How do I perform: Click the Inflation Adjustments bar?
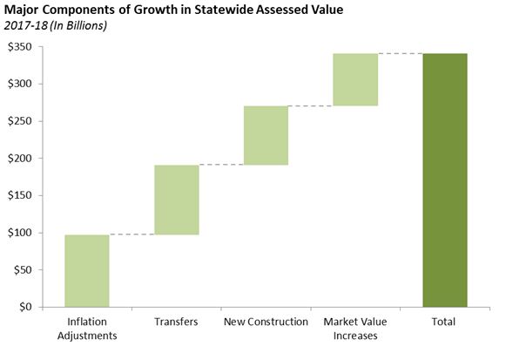87,270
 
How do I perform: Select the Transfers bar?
176,200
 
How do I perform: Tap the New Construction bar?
266,135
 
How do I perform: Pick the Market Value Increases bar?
355,79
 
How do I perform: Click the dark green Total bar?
444,180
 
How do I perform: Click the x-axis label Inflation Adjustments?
87,329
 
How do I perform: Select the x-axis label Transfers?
176,322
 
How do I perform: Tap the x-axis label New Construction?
266,322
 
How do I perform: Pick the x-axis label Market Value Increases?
355,329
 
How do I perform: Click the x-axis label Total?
444,322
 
